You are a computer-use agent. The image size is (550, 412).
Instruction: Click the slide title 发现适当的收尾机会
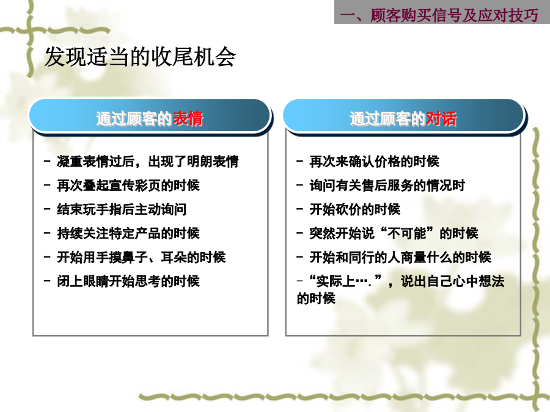140,57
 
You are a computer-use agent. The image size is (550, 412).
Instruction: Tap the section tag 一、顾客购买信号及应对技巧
439,15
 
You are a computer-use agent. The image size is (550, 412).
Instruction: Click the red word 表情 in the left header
188,118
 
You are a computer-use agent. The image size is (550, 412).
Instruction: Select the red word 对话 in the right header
441,118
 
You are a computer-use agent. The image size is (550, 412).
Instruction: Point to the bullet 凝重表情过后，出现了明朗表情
148,162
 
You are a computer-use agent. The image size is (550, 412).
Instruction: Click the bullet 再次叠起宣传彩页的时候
128,186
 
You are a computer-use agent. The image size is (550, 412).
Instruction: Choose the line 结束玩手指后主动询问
122,209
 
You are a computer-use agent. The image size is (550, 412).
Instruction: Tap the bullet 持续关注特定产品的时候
128,233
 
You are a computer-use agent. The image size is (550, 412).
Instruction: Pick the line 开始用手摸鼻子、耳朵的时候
141,257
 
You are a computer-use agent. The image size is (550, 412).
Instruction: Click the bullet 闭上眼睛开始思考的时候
128,281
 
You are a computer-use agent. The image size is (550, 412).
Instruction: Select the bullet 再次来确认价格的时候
374,162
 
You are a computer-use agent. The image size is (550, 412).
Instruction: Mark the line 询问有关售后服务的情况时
387,186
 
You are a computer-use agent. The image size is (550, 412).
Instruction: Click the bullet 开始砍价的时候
354,209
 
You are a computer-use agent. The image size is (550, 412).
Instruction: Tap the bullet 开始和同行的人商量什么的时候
400,257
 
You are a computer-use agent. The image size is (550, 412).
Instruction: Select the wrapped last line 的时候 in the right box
316,298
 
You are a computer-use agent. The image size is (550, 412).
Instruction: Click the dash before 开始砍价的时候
299,209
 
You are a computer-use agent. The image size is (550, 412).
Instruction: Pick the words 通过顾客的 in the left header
134,118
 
